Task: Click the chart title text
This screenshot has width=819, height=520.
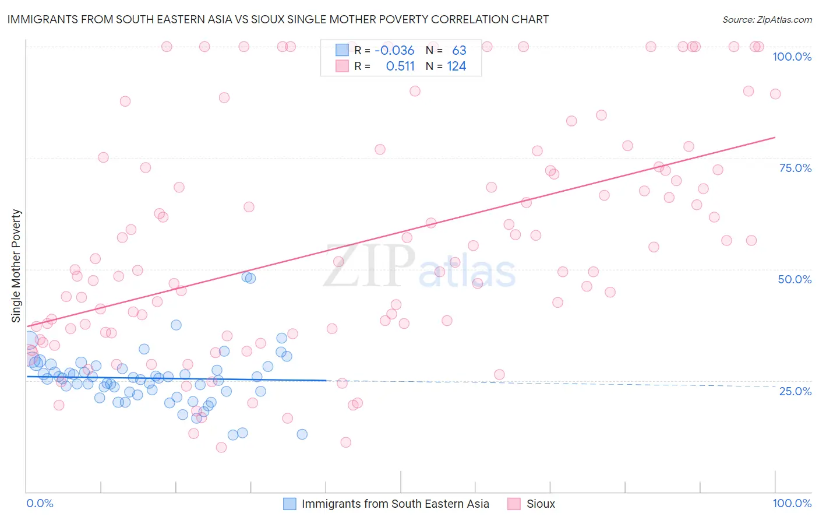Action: point(277,19)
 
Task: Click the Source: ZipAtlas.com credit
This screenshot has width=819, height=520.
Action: point(767,19)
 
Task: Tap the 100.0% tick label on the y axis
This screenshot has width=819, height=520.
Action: point(792,57)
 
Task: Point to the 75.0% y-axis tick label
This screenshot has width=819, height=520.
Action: point(795,168)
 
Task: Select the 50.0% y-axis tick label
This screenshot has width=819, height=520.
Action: point(795,279)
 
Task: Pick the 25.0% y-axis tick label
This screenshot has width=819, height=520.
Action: point(795,391)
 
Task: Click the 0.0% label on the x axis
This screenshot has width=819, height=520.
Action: point(40,503)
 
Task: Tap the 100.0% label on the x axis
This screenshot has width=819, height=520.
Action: point(792,503)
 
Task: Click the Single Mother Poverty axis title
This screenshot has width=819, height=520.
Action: point(16,266)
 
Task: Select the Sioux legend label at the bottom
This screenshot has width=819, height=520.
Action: point(541,504)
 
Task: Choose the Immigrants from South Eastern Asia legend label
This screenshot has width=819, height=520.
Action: point(395,504)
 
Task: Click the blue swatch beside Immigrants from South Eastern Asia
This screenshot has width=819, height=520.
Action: point(290,504)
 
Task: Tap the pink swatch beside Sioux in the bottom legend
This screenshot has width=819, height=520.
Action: point(514,504)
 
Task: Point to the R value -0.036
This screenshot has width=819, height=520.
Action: point(394,50)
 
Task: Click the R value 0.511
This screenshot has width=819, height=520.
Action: point(400,66)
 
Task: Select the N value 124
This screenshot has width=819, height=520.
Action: point(456,66)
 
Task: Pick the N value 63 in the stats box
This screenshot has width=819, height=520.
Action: point(459,50)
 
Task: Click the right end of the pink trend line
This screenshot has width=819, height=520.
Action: point(775,138)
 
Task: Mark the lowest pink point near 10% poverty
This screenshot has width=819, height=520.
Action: point(221,447)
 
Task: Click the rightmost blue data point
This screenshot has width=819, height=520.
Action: point(302,434)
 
